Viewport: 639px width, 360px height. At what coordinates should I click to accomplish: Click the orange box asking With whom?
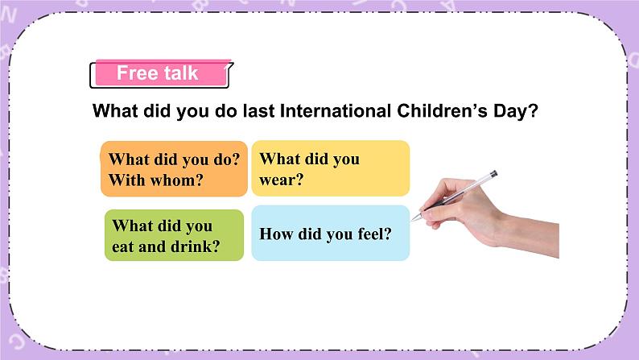(174, 169)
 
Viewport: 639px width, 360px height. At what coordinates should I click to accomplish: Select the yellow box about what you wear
(330, 169)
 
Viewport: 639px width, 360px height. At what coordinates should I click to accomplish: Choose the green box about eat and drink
(174, 235)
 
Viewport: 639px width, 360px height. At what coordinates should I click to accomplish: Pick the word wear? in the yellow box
(282, 180)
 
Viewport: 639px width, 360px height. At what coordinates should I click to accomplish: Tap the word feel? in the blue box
(373, 234)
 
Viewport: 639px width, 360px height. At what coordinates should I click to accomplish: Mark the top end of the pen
(493, 173)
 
